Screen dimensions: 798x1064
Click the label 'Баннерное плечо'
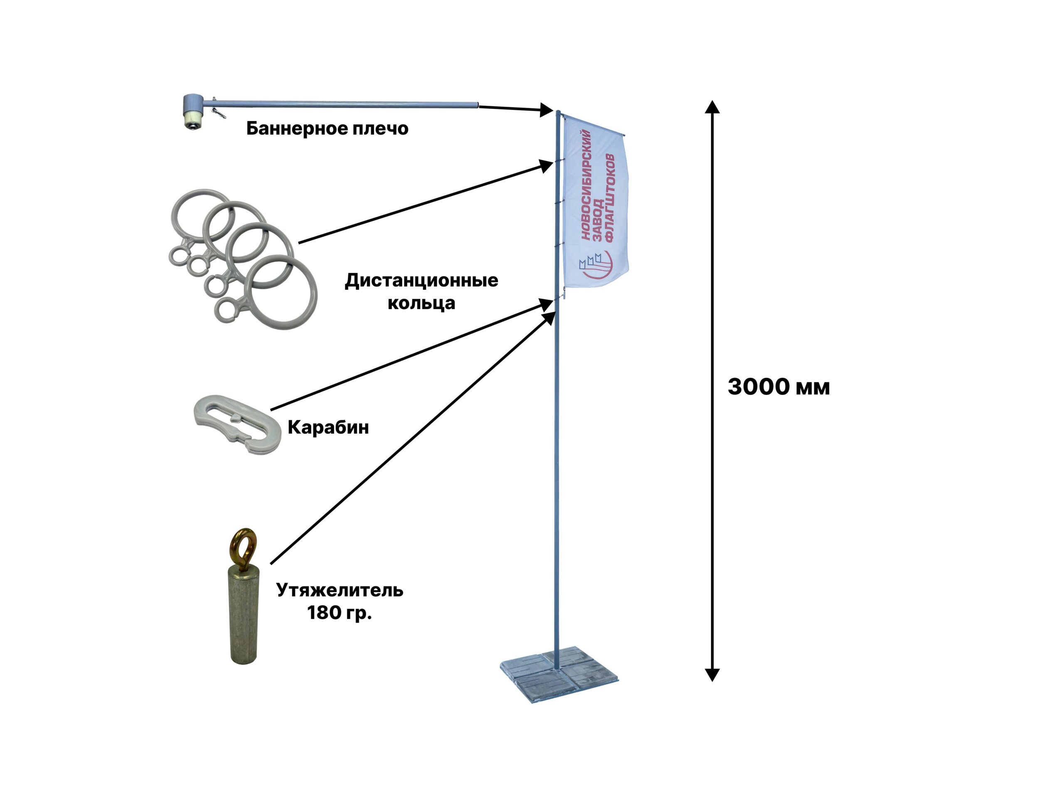click(x=327, y=128)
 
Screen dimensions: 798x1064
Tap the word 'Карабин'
click(x=328, y=427)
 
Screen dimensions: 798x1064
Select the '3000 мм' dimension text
click(x=778, y=387)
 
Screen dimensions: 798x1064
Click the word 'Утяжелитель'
click(x=340, y=590)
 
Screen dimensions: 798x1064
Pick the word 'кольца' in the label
click(x=421, y=303)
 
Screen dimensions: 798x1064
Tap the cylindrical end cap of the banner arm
click(x=193, y=111)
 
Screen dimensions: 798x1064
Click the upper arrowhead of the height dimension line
click(x=712, y=107)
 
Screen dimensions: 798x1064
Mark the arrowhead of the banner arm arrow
click(x=546, y=110)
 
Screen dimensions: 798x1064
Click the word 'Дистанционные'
click(x=421, y=281)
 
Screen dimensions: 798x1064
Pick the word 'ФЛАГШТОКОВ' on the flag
click(x=609, y=197)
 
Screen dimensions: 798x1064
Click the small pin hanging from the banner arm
click(x=218, y=113)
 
